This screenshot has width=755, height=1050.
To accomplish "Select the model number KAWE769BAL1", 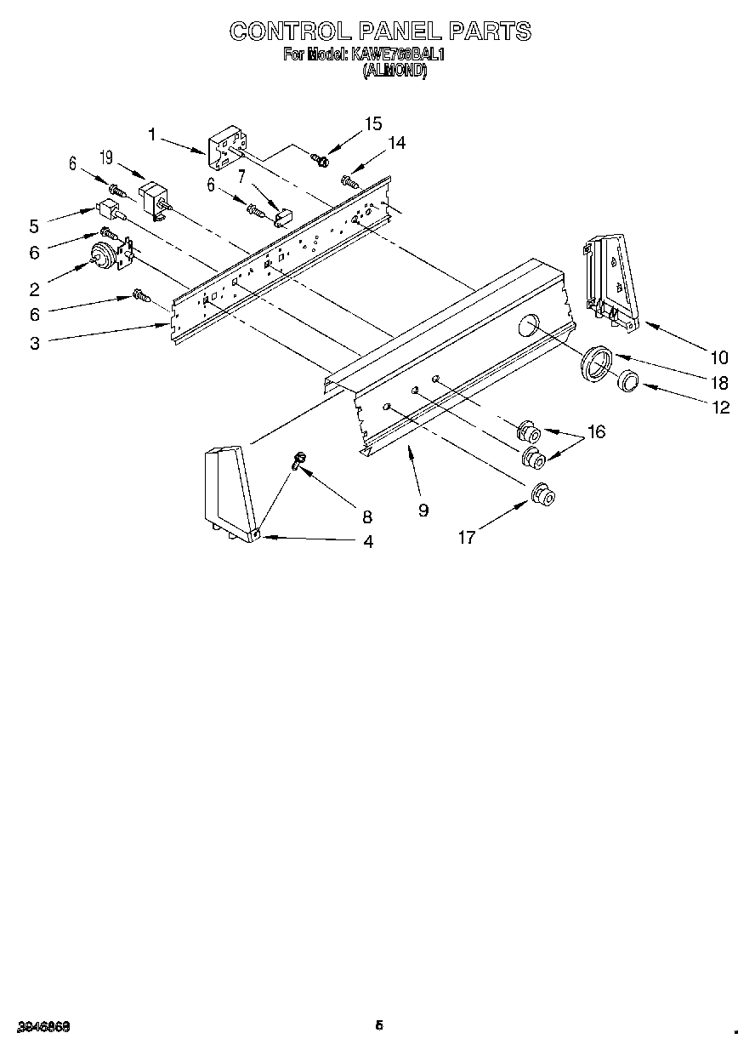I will [x=397, y=54].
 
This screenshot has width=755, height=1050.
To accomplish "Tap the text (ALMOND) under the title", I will [x=395, y=71].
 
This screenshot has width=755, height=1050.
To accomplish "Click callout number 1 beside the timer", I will [x=151, y=134].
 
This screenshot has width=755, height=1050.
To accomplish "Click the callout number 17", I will [x=466, y=536].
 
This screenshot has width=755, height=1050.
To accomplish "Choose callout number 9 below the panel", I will [x=423, y=510].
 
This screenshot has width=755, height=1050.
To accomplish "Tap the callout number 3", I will [x=34, y=343].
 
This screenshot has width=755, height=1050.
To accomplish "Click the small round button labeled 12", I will [x=629, y=382].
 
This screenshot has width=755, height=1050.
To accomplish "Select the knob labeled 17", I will [x=541, y=494].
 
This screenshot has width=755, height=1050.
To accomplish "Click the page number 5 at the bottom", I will [x=380, y=1025].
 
